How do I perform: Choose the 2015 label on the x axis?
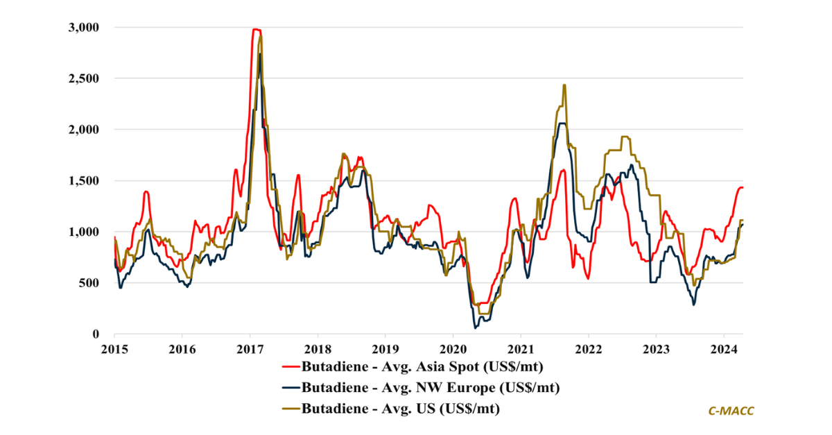click(114, 348)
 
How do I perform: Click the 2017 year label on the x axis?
click(250, 348)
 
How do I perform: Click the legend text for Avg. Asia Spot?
click(422, 366)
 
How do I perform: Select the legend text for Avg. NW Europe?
click(431, 387)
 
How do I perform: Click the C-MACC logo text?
click(731, 411)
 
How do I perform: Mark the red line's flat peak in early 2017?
click(256, 29)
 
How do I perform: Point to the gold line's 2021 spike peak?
click(564, 85)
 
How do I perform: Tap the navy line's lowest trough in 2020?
click(476, 327)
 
